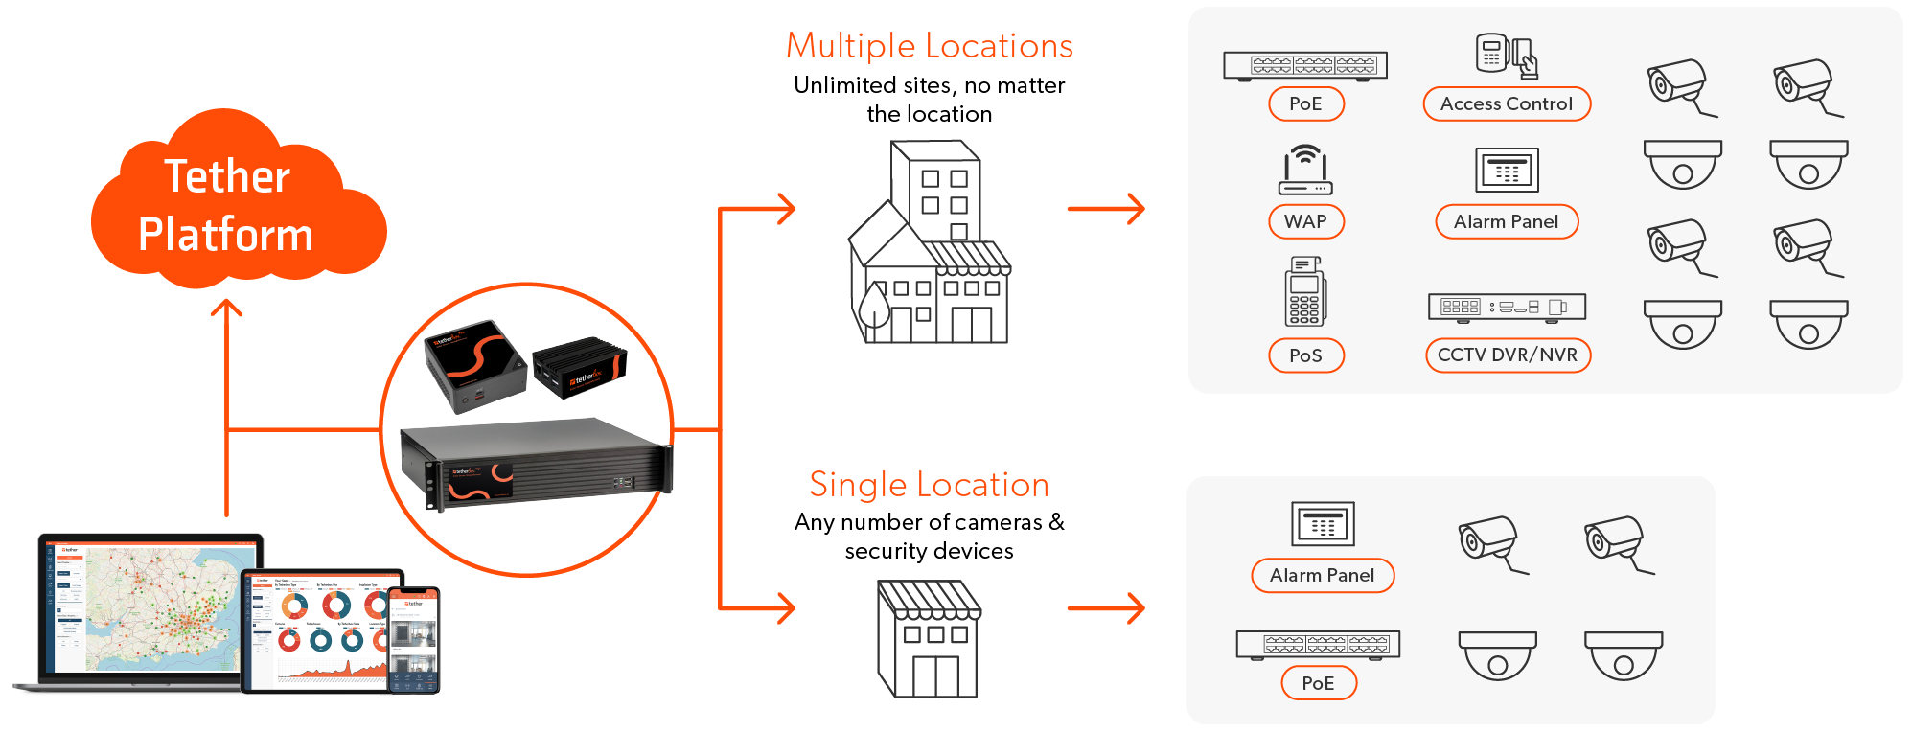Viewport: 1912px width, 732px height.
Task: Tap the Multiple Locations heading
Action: pos(929,46)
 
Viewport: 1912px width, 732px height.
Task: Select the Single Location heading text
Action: pos(929,485)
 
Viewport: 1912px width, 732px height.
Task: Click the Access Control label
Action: pos(1506,103)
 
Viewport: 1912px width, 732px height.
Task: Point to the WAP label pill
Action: pos(1305,221)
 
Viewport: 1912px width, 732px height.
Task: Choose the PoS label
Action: pos(1305,355)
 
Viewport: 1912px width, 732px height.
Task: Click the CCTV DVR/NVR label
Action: pos(1507,355)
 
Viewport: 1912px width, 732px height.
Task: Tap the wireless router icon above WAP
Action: pos(1305,170)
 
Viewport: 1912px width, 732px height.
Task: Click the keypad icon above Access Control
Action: pos(1506,56)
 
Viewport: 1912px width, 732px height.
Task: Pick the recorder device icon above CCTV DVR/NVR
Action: pos(1507,307)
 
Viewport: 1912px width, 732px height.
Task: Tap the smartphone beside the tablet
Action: pos(414,640)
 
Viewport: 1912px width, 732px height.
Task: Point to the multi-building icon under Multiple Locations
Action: pos(929,244)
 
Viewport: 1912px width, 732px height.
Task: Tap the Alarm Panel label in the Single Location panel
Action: pos(1322,575)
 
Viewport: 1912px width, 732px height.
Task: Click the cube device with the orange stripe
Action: pos(475,365)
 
